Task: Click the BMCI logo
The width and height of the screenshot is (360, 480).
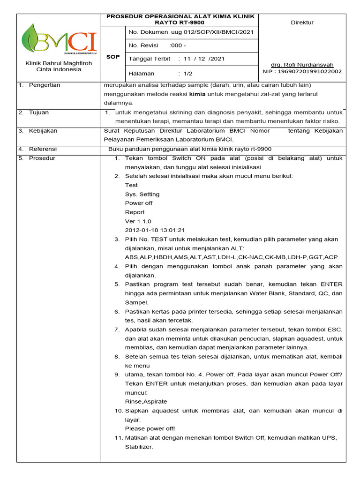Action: click(x=59, y=39)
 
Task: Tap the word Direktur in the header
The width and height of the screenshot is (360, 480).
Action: click(x=302, y=22)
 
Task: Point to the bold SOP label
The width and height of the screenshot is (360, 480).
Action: click(x=113, y=56)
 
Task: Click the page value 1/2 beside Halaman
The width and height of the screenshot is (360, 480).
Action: click(x=188, y=74)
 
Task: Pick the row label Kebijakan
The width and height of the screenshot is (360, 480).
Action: click(x=43, y=131)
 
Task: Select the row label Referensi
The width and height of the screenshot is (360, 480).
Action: click(x=43, y=149)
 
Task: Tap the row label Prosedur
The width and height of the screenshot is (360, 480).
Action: click(x=42, y=158)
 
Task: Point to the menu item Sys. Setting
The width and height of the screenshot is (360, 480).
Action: click(x=142, y=194)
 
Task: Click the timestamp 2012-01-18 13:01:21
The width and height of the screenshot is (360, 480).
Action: click(x=155, y=230)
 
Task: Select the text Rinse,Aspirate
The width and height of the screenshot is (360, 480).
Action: click(x=146, y=402)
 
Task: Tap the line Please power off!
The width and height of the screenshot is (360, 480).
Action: click(x=150, y=428)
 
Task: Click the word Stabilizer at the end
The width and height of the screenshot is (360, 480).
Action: click(x=138, y=447)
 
